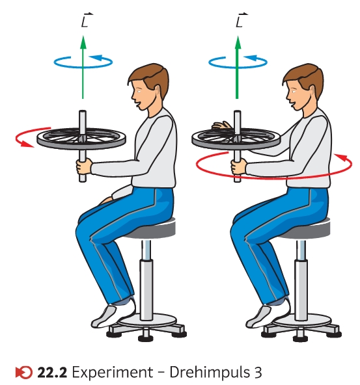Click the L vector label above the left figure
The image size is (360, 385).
[x=87, y=20]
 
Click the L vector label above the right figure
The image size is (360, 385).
[x=242, y=20]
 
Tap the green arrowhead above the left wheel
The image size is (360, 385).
[x=83, y=42]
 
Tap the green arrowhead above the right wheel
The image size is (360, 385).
[x=238, y=42]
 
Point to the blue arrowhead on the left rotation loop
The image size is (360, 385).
[x=95, y=57]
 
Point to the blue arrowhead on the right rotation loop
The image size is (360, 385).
[x=250, y=57]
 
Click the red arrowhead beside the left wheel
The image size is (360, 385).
[x=27, y=144]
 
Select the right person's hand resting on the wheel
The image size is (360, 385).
[x=221, y=126]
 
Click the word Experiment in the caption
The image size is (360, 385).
[x=113, y=373]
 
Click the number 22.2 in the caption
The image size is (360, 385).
[x=52, y=372]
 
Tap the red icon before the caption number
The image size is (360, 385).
[x=23, y=372]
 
